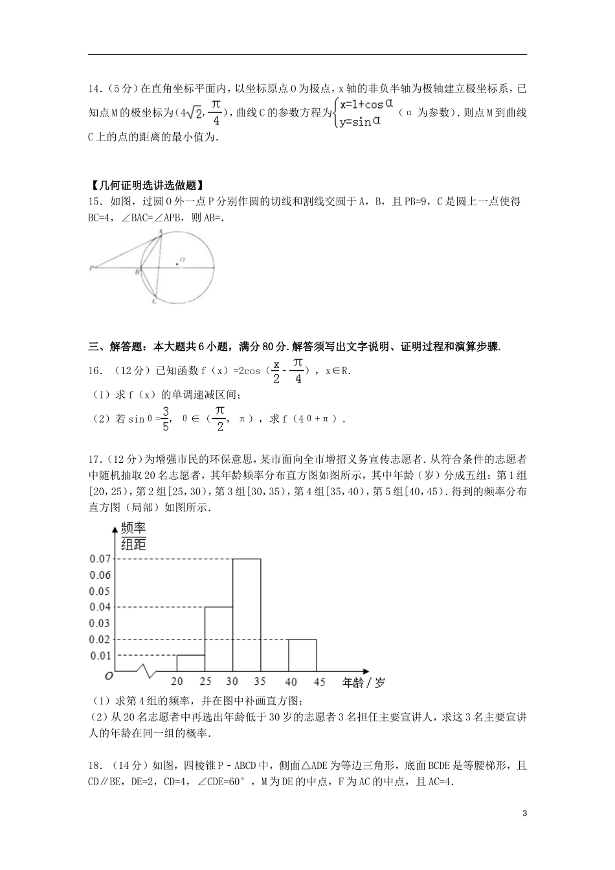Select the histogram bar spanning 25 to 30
tap(219, 639)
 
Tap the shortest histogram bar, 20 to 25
tap(191, 663)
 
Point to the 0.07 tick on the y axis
tap(100, 559)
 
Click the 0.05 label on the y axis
tap(100, 591)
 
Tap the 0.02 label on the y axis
tap(100, 640)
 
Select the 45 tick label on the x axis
tap(319, 682)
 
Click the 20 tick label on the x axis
tap(177, 682)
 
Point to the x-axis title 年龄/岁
tap(363, 682)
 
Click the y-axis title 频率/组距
tap(133, 537)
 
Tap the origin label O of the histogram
tap(109, 676)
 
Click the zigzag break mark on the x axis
tap(148, 671)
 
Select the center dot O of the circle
tap(177, 263)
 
